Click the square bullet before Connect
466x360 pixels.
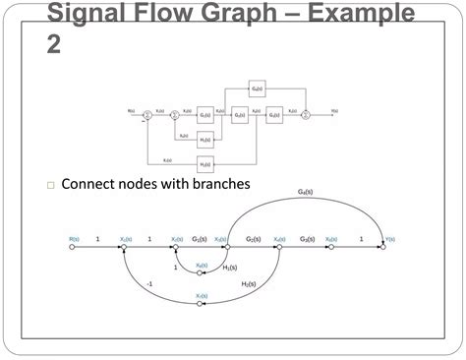click(49, 185)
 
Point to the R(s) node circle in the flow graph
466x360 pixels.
click(72, 248)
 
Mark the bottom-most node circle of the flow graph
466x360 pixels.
click(201, 303)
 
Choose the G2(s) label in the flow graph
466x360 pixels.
click(253, 239)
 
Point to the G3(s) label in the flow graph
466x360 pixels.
click(308, 239)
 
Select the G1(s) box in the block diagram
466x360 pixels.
click(205, 115)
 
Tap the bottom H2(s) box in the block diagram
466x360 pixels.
click(205, 163)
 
